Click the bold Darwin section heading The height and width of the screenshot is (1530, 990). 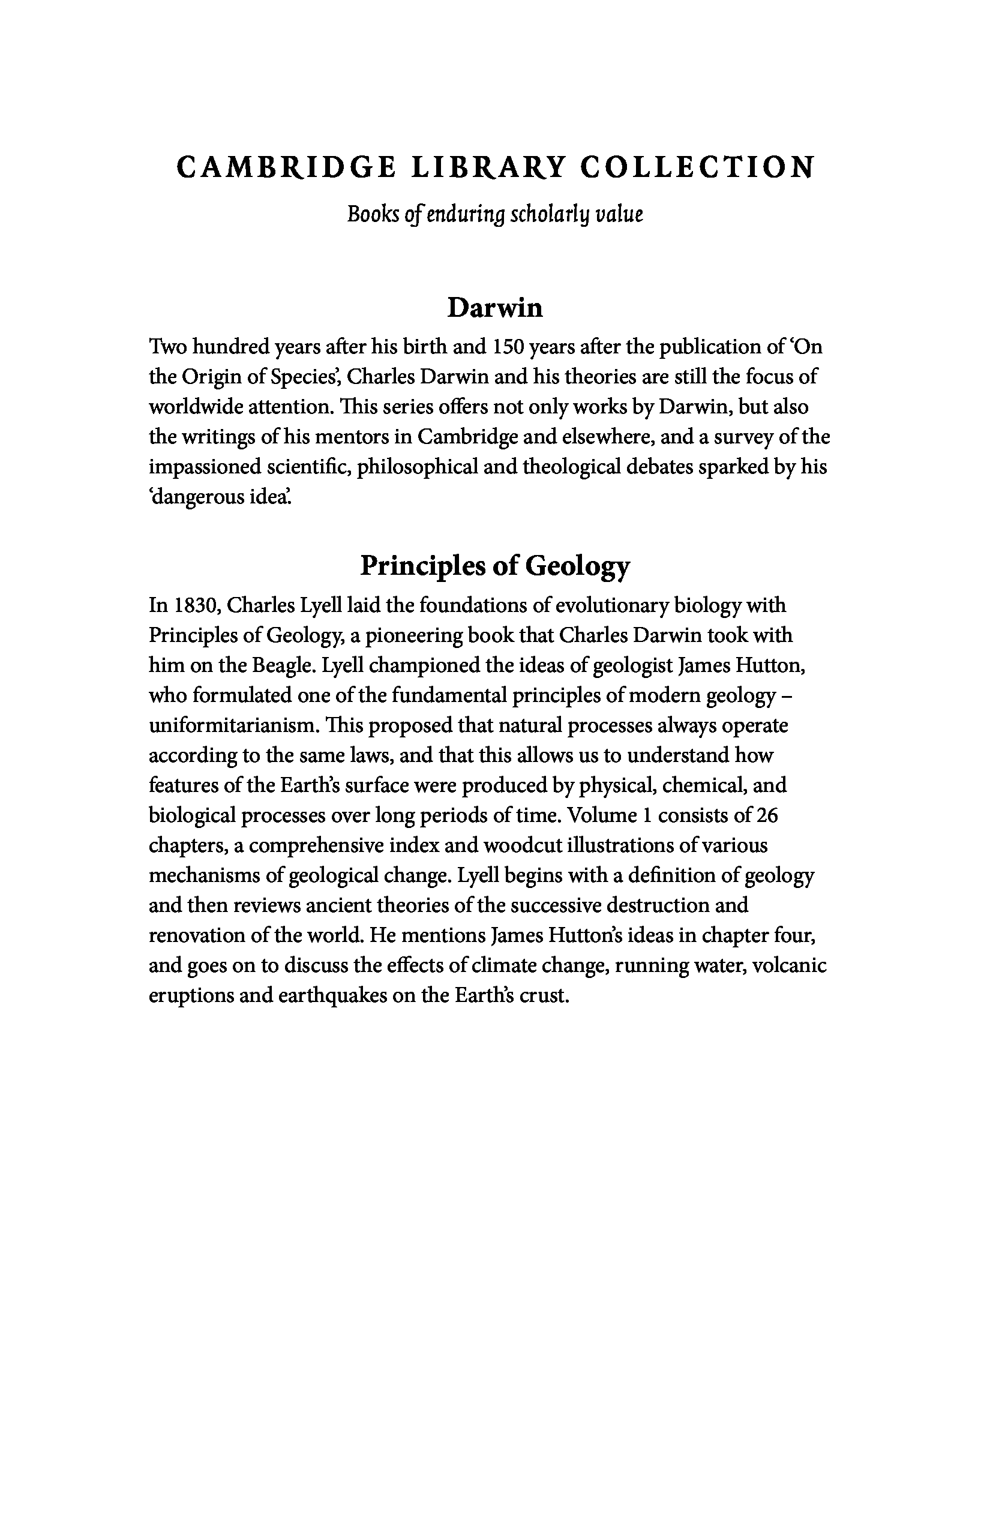pos(494,308)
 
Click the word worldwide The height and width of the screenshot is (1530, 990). pos(196,407)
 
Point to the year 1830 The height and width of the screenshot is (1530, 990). pos(196,606)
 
